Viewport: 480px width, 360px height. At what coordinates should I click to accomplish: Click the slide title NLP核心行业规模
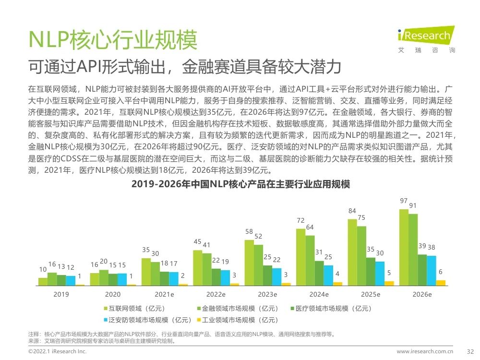tap(113, 40)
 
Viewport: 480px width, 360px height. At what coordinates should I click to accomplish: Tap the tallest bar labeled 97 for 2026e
tap(404, 247)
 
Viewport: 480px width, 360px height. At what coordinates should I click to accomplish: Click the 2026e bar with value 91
tap(413, 250)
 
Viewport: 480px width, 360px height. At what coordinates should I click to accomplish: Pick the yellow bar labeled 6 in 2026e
tap(441, 283)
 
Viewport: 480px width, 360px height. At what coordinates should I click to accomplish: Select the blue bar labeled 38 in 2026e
tap(432, 271)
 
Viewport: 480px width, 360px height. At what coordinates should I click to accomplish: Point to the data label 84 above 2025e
tap(352, 211)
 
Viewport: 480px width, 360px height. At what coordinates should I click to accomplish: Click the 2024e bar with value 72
tap(300, 257)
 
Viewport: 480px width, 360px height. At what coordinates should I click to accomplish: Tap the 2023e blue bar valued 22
tap(277, 276)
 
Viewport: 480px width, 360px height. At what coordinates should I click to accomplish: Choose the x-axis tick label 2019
tap(61, 294)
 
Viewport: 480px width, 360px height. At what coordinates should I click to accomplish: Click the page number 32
tap(470, 352)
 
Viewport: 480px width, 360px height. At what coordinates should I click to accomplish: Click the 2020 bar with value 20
tap(103, 278)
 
